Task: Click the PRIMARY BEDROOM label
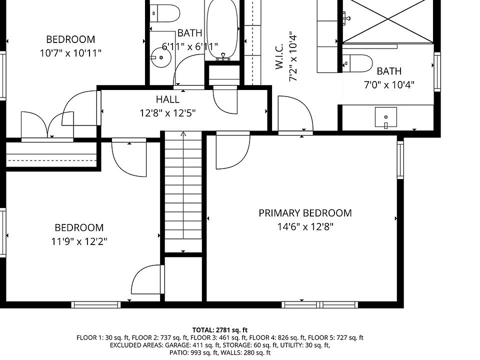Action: (305, 213)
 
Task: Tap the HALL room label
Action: (167, 99)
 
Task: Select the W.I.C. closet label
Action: (279, 56)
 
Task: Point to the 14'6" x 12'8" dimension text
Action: (305, 227)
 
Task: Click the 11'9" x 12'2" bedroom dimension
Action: (79, 242)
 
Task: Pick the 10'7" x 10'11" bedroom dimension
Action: (70, 53)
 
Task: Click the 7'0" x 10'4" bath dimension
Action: (389, 85)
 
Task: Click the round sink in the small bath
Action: (160, 57)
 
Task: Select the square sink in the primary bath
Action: (385, 117)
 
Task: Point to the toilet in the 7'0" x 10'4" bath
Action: (357, 63)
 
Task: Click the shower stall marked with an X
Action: (388, 21)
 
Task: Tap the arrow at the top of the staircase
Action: (183, 134)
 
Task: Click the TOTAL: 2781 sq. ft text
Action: (220, 330)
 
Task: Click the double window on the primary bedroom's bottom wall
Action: (319, 304)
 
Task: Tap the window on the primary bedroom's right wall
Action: (400, 160)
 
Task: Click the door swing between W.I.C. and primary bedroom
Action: (295, 113)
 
